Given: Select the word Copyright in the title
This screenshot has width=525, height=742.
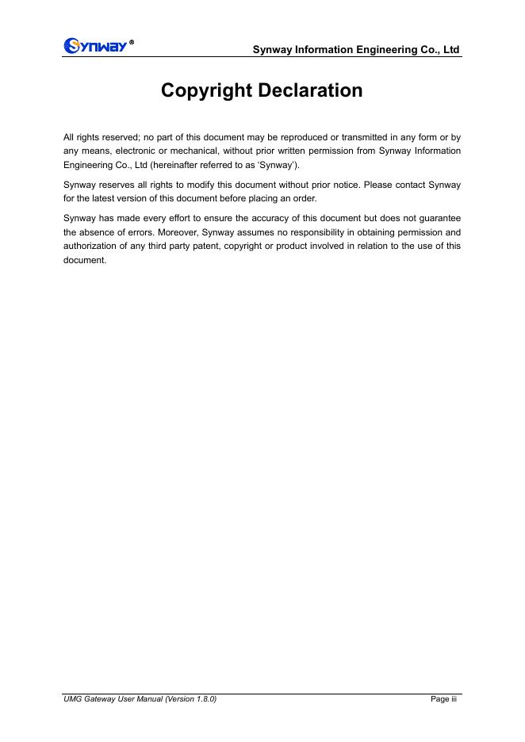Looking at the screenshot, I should click(207, 91).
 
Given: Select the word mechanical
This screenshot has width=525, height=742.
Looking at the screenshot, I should click(192, 151).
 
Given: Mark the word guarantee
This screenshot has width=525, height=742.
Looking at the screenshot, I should click(439, 217).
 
